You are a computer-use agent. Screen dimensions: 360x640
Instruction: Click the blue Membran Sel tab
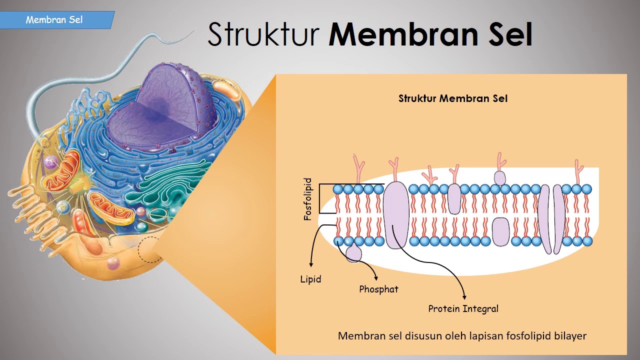coord(55,20)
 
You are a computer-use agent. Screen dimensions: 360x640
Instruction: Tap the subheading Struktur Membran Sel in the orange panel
coord(452,98)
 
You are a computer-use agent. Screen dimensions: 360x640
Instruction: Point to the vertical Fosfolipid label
coord(308,199)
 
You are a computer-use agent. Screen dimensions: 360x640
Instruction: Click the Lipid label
coord(310,279)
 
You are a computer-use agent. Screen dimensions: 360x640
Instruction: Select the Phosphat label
coord(378,289)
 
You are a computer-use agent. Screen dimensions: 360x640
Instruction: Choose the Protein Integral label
coord(463,308)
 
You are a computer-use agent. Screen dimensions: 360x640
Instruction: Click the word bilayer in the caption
coord(570,335)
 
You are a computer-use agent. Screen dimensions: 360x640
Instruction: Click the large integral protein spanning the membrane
coord(395,215)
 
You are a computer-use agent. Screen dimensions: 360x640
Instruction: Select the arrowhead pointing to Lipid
coord(311,264)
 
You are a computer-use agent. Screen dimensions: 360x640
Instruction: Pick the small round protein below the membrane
coord(353,253)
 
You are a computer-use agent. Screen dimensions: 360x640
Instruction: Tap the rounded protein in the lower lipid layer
coord(500,231)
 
